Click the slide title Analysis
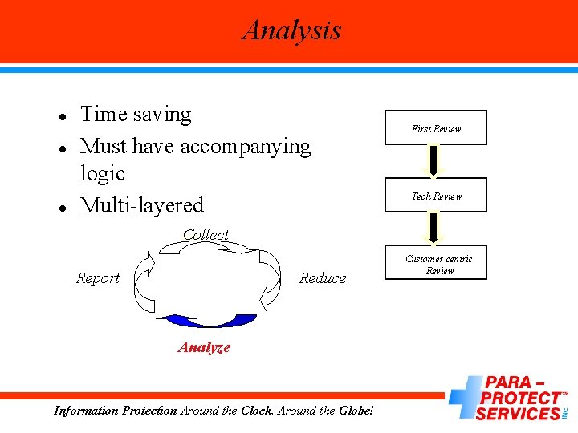[292, 30]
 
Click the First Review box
[436, 128]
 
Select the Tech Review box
[436, 196]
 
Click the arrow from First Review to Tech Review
[433, 160]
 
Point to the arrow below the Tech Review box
[433, 228]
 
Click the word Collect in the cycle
[206, 235]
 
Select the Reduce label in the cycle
[323, 278]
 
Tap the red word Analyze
[204, 347]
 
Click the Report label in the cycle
[98, 278]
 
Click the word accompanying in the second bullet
[246, 147]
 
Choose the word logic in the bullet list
[103, 173]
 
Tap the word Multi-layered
[142, 205]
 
